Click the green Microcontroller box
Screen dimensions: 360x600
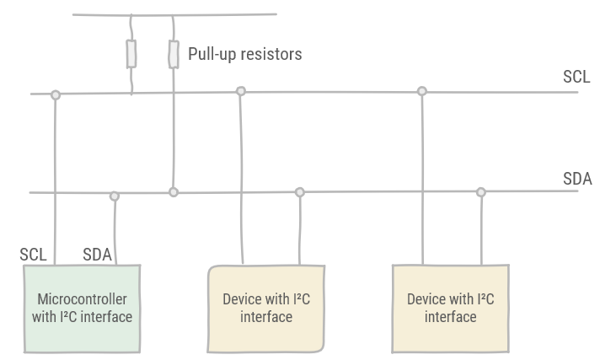point(82,308)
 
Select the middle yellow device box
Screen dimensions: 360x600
point(265,308)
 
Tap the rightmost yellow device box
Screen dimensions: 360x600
point(450,308)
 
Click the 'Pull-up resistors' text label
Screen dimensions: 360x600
point(244,54)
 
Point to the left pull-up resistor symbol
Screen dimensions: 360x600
point(131,53)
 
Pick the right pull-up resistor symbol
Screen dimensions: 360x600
point(174,53)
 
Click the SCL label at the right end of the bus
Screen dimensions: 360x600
point(576,77)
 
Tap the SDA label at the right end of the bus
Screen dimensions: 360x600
point(577,179)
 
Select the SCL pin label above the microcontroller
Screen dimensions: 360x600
point(33,255)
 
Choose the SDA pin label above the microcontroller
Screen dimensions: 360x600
point(97,255)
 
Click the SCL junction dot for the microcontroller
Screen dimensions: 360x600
point(56,95)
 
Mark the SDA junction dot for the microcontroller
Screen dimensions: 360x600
point(115,196)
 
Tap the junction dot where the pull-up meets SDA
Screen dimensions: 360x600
point(174,192)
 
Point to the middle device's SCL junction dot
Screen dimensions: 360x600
point(241,91)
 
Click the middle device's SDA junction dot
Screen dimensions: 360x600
point(299,192)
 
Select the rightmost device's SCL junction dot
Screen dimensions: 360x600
point(422,91)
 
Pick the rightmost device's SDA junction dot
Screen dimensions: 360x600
point(481,192)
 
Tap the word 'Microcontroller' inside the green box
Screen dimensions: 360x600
point(82,299)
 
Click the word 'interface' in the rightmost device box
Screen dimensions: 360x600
point(450,317)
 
